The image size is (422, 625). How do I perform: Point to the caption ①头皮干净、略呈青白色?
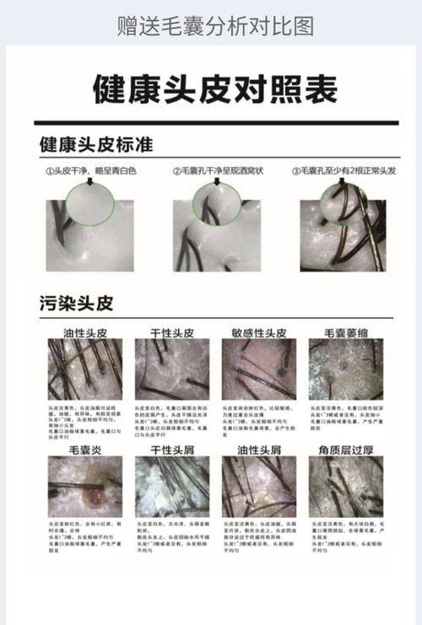click(x=90, y=171)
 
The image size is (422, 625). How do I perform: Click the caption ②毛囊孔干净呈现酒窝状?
click(x=215, y=171)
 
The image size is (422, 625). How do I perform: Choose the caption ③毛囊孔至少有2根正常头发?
click(x=344, y=171)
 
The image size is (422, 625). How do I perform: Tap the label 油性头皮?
click(x=84, y=331)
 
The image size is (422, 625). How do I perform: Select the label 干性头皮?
click(x=172, y=331)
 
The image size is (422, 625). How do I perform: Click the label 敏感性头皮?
click(x=258, y=331)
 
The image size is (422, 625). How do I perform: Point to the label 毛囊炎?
click(x=84, y=450)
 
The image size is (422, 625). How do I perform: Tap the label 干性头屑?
click(x=172, y=450)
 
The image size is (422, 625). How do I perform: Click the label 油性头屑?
click(x=258, y=450)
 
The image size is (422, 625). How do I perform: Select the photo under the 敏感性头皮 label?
click(x=258, y=369)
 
